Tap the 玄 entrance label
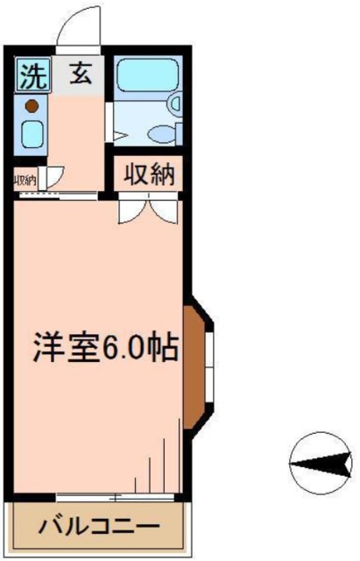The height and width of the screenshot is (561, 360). (81, 74)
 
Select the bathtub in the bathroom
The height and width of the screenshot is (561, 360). (147, 75)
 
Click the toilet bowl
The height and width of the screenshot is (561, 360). (163, 134)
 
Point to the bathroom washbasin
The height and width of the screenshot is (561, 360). (175, 103)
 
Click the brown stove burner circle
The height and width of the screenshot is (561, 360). (32, 106)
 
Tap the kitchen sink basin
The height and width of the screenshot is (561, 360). (32, 134)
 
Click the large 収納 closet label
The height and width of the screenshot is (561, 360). (150, 175)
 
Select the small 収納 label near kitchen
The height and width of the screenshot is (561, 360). (25, 181)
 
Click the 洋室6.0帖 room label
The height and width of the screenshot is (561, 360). (106, 348)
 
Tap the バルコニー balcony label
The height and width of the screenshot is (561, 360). (98, 527)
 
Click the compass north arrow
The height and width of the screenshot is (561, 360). (321, 464)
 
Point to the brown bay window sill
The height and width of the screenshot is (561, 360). (194, 367)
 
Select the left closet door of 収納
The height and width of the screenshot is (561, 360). (132, 211)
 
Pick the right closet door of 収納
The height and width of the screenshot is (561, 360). (164, 211)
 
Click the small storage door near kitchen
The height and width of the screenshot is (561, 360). (51, 177)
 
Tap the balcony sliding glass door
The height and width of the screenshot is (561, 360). (115, 497)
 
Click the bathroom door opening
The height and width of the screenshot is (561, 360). (109, 122)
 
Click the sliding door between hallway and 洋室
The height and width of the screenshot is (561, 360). (59, 195)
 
